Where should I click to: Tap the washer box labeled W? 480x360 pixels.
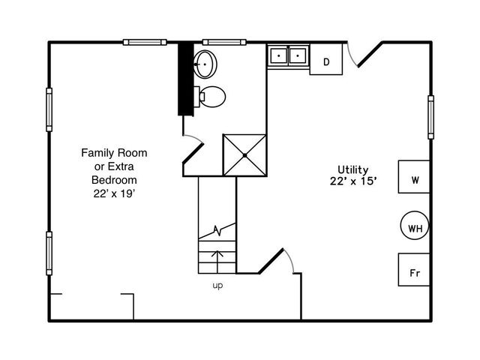tap(414, 181)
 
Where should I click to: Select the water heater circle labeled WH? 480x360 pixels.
tap(414, 226)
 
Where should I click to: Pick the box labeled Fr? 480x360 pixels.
tap(414, 272)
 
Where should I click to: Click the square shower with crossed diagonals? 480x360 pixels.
tap(244, 154)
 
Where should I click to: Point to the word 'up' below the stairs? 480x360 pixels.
tap(217, 286)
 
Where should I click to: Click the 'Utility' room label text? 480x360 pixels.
tap(352, 169)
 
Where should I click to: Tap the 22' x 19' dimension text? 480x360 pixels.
tap(114, 193)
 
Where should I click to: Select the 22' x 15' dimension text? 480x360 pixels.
tap(352, 181)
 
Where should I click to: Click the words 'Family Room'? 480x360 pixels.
tap(114, 153)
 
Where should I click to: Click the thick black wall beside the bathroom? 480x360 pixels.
tap(182, 79)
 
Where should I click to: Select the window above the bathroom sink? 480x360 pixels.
tap(226, 42)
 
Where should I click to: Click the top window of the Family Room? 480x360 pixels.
tap(145, 42)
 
